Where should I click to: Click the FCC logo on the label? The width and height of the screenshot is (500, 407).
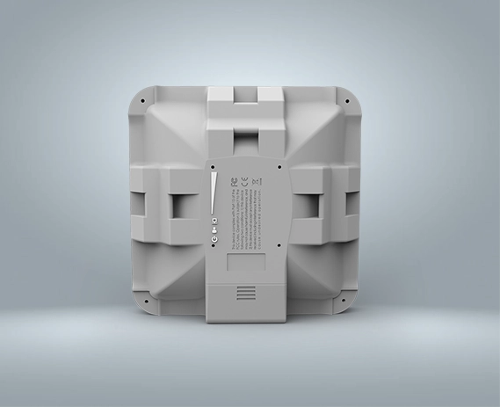click(x=233, y=183)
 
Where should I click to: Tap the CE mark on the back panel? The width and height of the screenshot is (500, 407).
click(x=244, y=183)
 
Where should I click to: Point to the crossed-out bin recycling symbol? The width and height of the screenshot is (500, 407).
click(x=257, y=183)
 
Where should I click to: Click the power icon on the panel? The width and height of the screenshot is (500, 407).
click(x=215, y=239)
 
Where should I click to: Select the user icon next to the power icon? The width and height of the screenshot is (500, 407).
click(x=215, y=229)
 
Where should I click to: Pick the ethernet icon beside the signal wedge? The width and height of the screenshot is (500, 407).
click(x=215, y=221)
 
